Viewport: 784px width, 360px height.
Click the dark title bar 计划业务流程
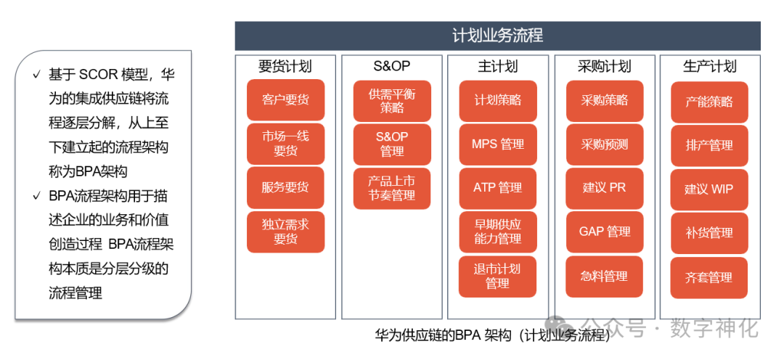pos(497,36)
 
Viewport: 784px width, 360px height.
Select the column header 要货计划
pos(285,66)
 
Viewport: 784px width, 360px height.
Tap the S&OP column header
pos(391,66)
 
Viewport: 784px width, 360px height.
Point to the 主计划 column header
pos(497,66)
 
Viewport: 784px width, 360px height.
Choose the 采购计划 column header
pos(604,66)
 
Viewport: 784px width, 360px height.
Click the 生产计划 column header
pos(709,66)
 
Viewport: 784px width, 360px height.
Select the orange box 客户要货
pos(285,100)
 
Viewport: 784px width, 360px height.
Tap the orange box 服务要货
pos(285,187)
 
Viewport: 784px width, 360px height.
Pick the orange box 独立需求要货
pos(285,232)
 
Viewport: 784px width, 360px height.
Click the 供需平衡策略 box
pos(391,101)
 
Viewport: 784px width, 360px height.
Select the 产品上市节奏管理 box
pos(391,188)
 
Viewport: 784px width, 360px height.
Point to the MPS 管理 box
pos(497,144)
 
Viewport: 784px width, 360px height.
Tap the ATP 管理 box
pos(497,187)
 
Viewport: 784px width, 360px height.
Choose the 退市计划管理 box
pos(497,276)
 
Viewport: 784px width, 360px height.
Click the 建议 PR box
pos(604,187)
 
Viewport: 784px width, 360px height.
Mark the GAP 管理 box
pos(604,232)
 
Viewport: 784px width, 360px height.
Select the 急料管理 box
pos(604,276)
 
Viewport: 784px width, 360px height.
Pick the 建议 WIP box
pos(709,189)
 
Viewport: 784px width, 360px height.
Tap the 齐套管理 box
pos(709,277)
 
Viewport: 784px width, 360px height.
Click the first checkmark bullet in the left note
pos(36,75)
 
